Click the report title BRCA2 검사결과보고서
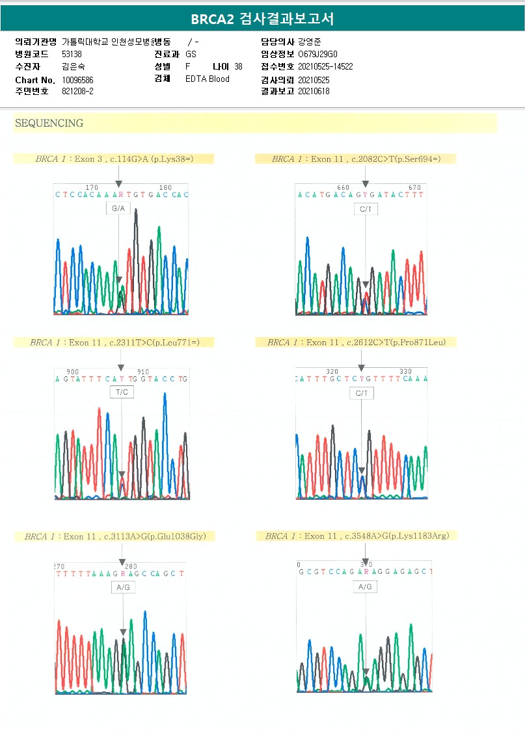coord(262,19)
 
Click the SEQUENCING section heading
coord(49,123)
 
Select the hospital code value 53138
coord(72,54)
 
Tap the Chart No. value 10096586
coord(77,80)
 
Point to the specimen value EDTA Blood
coord(207,79)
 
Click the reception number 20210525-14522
coord(325,66)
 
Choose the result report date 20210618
coord(314,92)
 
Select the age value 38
coord(238,66)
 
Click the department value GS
coord(191,54)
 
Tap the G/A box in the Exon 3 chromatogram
coord(118,209)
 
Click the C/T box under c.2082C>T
coord(365,209)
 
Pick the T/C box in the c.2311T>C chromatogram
coord(122,393)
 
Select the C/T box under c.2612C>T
coord(362,393)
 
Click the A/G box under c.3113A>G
coord(122,587)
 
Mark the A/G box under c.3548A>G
coord(365,586)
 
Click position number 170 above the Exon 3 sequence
coord(92,187)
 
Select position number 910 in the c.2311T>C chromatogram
coord(143,372)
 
